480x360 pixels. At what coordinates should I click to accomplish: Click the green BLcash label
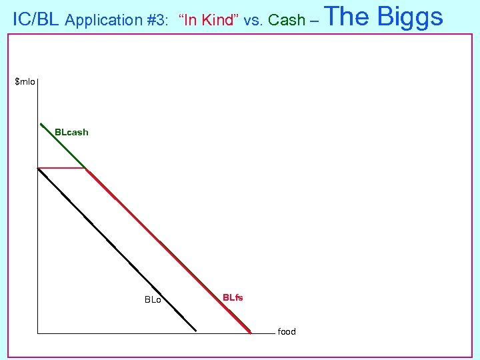click(71, 132)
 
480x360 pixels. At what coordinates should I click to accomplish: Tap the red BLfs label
click(233, 297)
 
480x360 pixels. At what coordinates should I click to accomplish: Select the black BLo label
click(153, 300)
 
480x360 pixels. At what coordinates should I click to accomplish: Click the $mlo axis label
click(25, 82)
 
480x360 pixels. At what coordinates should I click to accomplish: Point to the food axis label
click(287, 331)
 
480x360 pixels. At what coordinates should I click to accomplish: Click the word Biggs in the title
click(410, 16)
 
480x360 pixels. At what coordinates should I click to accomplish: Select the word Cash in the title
click(287, 20)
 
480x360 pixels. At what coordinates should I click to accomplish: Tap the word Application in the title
click(104, 20)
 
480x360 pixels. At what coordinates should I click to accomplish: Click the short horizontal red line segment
click(61, 168)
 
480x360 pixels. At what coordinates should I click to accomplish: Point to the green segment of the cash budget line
click(63, 146)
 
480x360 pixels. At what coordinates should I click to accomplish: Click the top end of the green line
click(41, 124)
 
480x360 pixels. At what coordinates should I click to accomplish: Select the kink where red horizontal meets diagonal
click(85, 168)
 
